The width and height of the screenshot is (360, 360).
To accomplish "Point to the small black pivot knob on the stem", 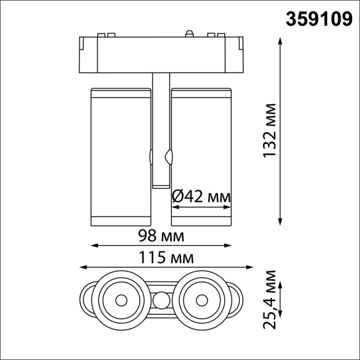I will [x=168, y=155].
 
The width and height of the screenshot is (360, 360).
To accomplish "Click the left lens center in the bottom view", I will [x=121, y=299].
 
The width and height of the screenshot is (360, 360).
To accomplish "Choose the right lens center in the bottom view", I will [x=202, y=299].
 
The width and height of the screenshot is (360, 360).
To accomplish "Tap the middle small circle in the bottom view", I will [x=162, y=299].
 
